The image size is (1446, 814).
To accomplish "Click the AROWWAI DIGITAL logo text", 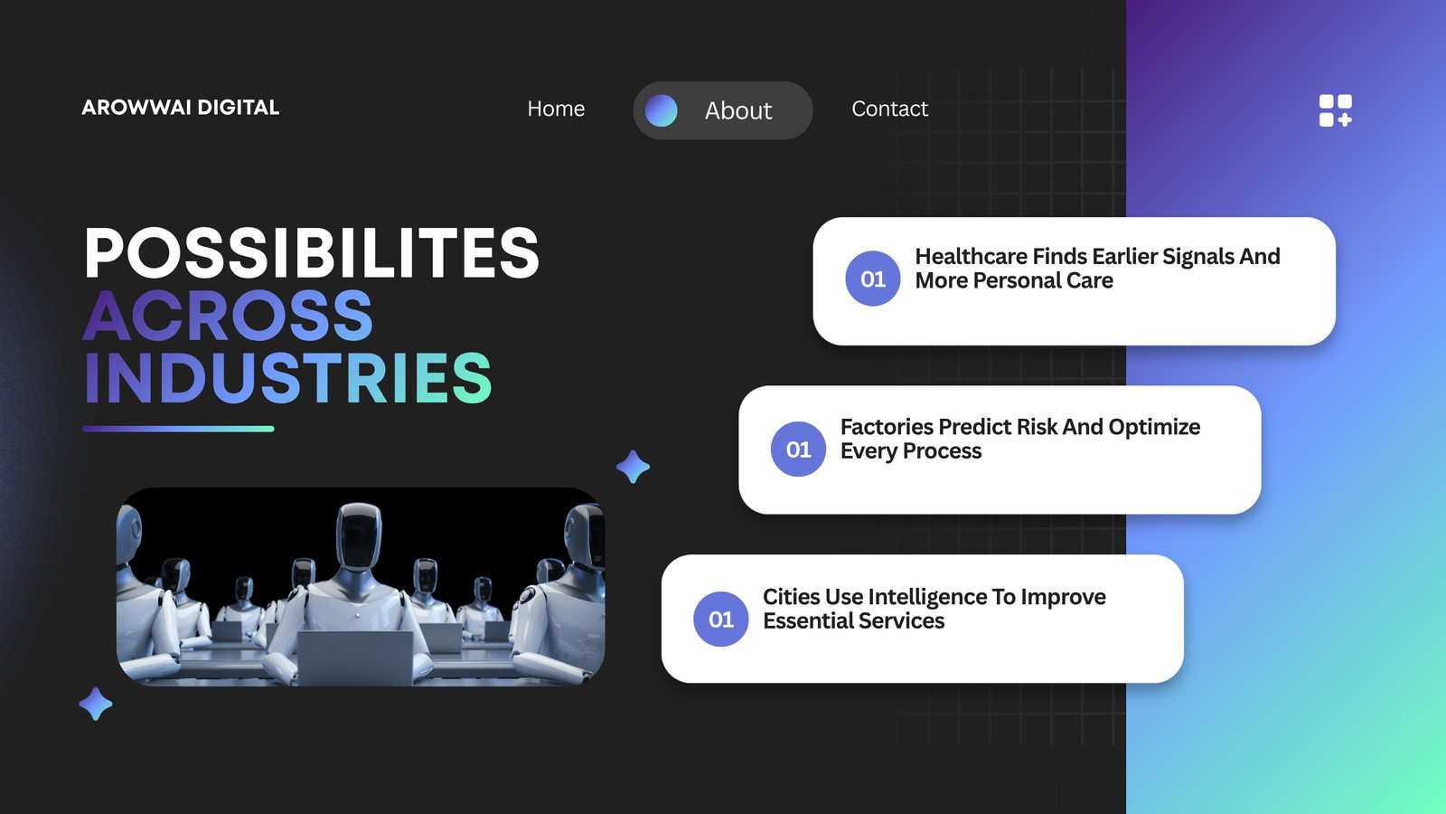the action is [x=180, y=108].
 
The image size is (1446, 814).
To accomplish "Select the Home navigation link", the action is [x=556, y=109].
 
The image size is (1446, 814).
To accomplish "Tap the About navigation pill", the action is [x=722, y=110].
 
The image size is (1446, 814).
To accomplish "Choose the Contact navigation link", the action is [x=889, y=109].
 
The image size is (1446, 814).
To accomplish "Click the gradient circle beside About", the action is [x=661, y=110].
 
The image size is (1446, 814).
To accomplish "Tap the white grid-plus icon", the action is [x=1335, y=110].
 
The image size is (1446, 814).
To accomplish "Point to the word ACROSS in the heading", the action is [x=228, y=316].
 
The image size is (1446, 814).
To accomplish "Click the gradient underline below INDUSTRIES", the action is [x=178, y=429].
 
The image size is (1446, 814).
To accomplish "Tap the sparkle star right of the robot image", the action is [x=633, y=467].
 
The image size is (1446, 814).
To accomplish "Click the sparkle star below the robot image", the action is [x=96, y=704].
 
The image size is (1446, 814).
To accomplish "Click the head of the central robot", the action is [x=359, y=537].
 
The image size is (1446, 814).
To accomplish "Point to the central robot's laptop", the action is [x=355, y=657].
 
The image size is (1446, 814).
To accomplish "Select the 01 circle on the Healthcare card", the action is [x=873, y=279].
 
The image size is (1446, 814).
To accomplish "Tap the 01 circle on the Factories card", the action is [x=799, y=449].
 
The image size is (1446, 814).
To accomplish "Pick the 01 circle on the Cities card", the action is [x=721, y=619].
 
